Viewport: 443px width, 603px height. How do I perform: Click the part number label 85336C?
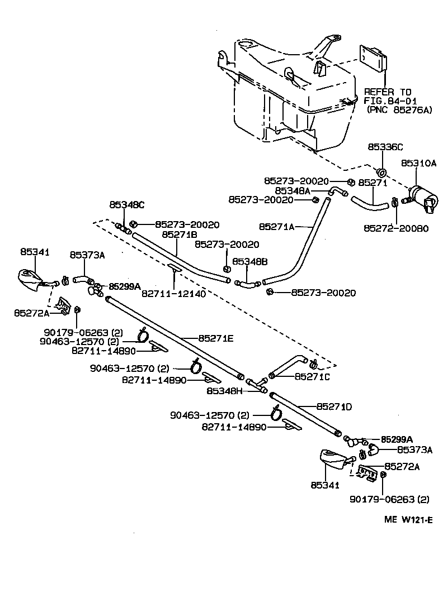pyautogui.click(x=385, y=147)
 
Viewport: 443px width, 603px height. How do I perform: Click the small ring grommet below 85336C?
pyautogui.click(x=382, y=171)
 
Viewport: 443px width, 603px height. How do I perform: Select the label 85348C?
pyautogui.click(x=126, y=204)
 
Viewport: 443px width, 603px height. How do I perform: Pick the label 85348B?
pyautogui.click(x=250, y=261)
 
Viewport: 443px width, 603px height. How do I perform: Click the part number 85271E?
pyautogui.click(x=215, y=338)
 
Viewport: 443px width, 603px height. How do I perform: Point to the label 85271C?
pyautogui.click(x=312, y=376)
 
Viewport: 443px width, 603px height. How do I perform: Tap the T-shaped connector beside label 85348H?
pyautogui.click(x=258, y=384)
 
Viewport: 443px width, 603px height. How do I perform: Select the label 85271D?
pyautogui.click(x=334, y=406)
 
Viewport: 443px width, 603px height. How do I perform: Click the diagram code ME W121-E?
pyautogui.click(x=408, y=520)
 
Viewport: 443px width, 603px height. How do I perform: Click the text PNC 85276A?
pyautogui.click(x=400, y=111)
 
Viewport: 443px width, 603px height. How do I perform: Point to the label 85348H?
pyautogui.click(x=224, y=391)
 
